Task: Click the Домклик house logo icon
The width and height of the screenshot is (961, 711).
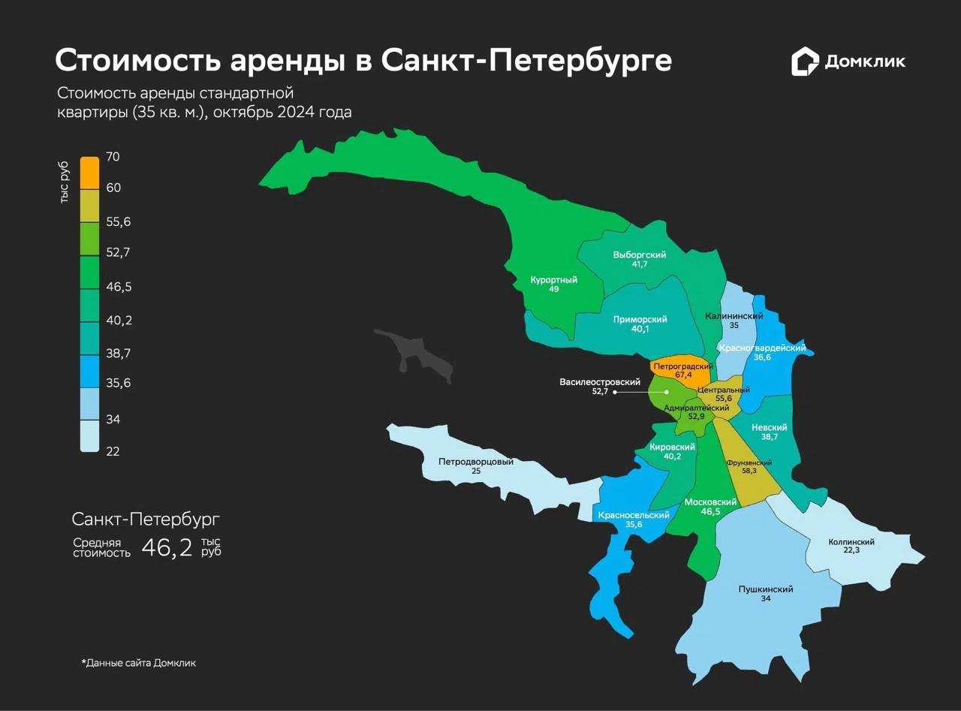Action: (805, 62)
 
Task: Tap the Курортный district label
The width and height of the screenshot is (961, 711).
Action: (553, 280)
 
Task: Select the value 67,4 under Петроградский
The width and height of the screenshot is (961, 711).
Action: (682, 375)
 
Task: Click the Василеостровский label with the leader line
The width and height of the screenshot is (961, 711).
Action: (594, 382)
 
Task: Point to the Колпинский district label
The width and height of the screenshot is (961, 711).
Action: (851, 541)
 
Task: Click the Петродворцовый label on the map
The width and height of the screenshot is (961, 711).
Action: (476, 462)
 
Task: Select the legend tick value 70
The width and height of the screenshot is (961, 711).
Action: (113, 157)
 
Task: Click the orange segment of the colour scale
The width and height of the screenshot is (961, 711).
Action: (89, 173)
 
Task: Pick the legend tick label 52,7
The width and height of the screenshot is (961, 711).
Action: (119, 252)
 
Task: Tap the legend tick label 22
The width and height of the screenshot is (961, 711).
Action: (113, 451)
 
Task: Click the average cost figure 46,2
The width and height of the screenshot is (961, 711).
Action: (167, 547)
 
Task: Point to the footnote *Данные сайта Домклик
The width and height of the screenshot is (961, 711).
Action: (138, 663)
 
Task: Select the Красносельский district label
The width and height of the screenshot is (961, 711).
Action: (634, 515)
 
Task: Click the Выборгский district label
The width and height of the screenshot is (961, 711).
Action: (639, 255)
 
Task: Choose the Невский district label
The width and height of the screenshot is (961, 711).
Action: (769, 426)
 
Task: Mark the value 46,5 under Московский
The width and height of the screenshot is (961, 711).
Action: (709, 511)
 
